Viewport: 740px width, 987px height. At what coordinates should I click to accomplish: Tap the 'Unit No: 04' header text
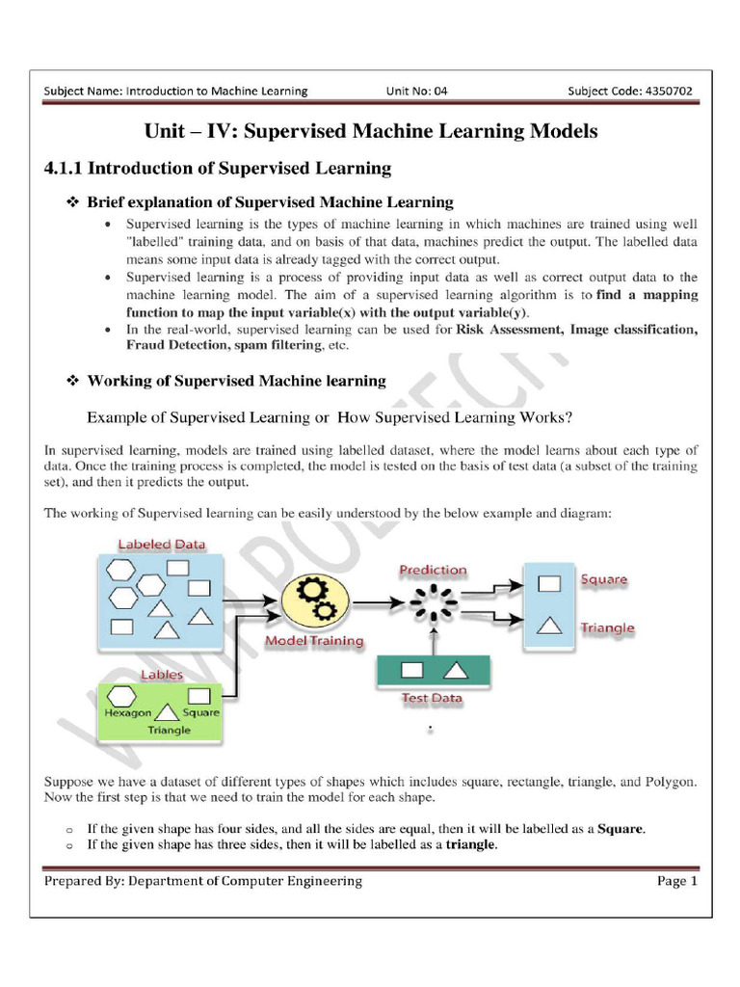417,92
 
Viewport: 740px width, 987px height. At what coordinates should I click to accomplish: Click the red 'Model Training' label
314,640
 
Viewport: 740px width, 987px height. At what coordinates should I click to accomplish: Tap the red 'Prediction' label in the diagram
433,571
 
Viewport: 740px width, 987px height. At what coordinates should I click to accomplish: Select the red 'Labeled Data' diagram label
162,545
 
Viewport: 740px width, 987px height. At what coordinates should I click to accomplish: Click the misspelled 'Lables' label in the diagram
162,675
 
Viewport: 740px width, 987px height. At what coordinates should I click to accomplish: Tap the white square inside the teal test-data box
412,669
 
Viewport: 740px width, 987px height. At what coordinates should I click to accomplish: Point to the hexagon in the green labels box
123,694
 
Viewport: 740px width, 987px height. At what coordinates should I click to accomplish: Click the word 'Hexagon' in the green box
127,713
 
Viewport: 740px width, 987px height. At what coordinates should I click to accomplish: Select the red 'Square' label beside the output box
604,580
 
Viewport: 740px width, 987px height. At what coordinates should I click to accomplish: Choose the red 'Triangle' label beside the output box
607,627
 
